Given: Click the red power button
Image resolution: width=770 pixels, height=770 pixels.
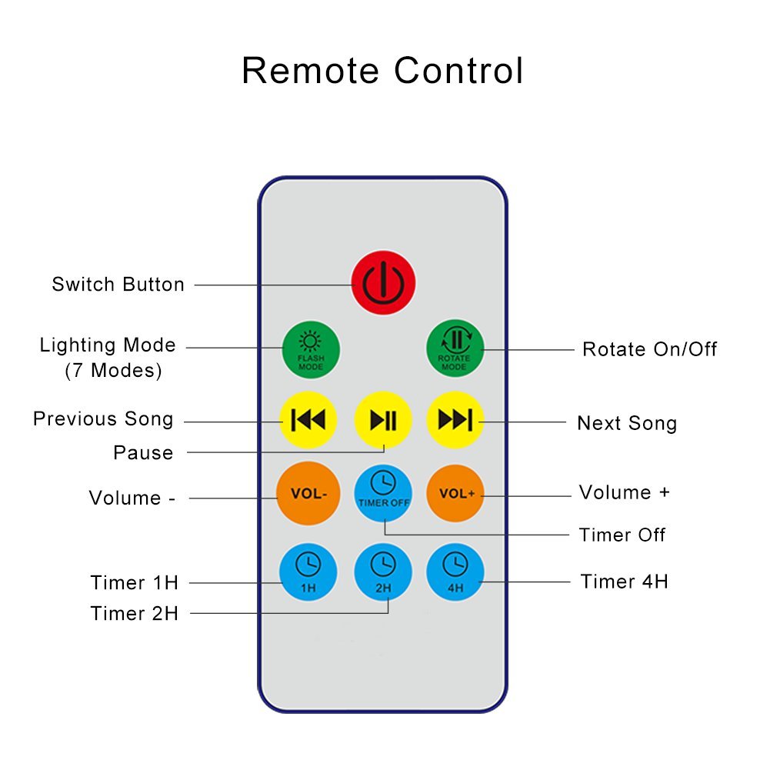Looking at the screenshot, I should click(384, 283).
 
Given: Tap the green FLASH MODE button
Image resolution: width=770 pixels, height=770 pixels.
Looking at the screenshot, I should click(311, 349).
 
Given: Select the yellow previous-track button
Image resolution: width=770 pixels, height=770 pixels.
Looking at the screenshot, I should click(308, 420).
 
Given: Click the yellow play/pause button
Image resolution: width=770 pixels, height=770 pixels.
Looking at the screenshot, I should click(383, 420).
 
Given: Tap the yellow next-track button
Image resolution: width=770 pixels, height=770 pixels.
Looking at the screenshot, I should click(455, 420).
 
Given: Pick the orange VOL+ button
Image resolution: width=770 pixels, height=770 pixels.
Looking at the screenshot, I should click(455, 493).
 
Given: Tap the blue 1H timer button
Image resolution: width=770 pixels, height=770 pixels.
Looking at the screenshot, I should click(308, 572).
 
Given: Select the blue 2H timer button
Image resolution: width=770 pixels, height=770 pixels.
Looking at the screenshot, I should click(382, 572).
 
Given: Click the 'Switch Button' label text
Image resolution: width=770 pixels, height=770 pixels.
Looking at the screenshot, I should click(118, 285).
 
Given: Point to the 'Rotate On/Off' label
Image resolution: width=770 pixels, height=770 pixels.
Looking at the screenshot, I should click(649, 349).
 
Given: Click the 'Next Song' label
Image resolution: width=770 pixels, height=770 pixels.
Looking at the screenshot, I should click(627, 423).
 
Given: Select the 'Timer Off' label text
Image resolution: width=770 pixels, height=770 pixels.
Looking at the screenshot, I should click(622, 535).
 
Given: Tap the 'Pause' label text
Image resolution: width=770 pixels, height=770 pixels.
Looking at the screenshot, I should click(143, 453).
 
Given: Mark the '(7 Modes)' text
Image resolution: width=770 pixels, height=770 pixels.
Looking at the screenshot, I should click(113, 371).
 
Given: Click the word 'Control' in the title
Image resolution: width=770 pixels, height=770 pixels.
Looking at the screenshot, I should click(458, 71).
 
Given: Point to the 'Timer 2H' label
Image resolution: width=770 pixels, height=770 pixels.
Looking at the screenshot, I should click(135, 614).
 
